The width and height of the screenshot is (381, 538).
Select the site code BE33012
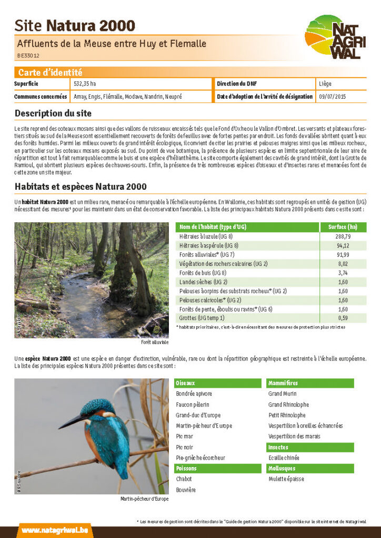coord(28,55)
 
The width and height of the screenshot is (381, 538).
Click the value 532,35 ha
coord(85,84)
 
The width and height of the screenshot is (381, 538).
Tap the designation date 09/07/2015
coord(333,97)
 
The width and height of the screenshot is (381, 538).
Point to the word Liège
coord(325,84)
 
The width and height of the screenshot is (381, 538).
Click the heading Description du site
coord(53,113)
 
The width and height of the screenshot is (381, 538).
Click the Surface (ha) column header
coord(343,227)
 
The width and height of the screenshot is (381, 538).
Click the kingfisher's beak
coord(73,420)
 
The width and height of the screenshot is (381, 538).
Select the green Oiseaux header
coord(217,384)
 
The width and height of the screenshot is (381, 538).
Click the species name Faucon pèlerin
coord(193,405)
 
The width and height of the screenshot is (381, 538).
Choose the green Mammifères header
coord(310,384)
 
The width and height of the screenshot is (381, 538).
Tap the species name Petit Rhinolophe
coord(287,415)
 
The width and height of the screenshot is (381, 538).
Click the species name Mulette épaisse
coord(286,479)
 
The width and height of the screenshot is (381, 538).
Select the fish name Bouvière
coord(186,490)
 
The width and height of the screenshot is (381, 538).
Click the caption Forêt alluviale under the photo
coord(155,342)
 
